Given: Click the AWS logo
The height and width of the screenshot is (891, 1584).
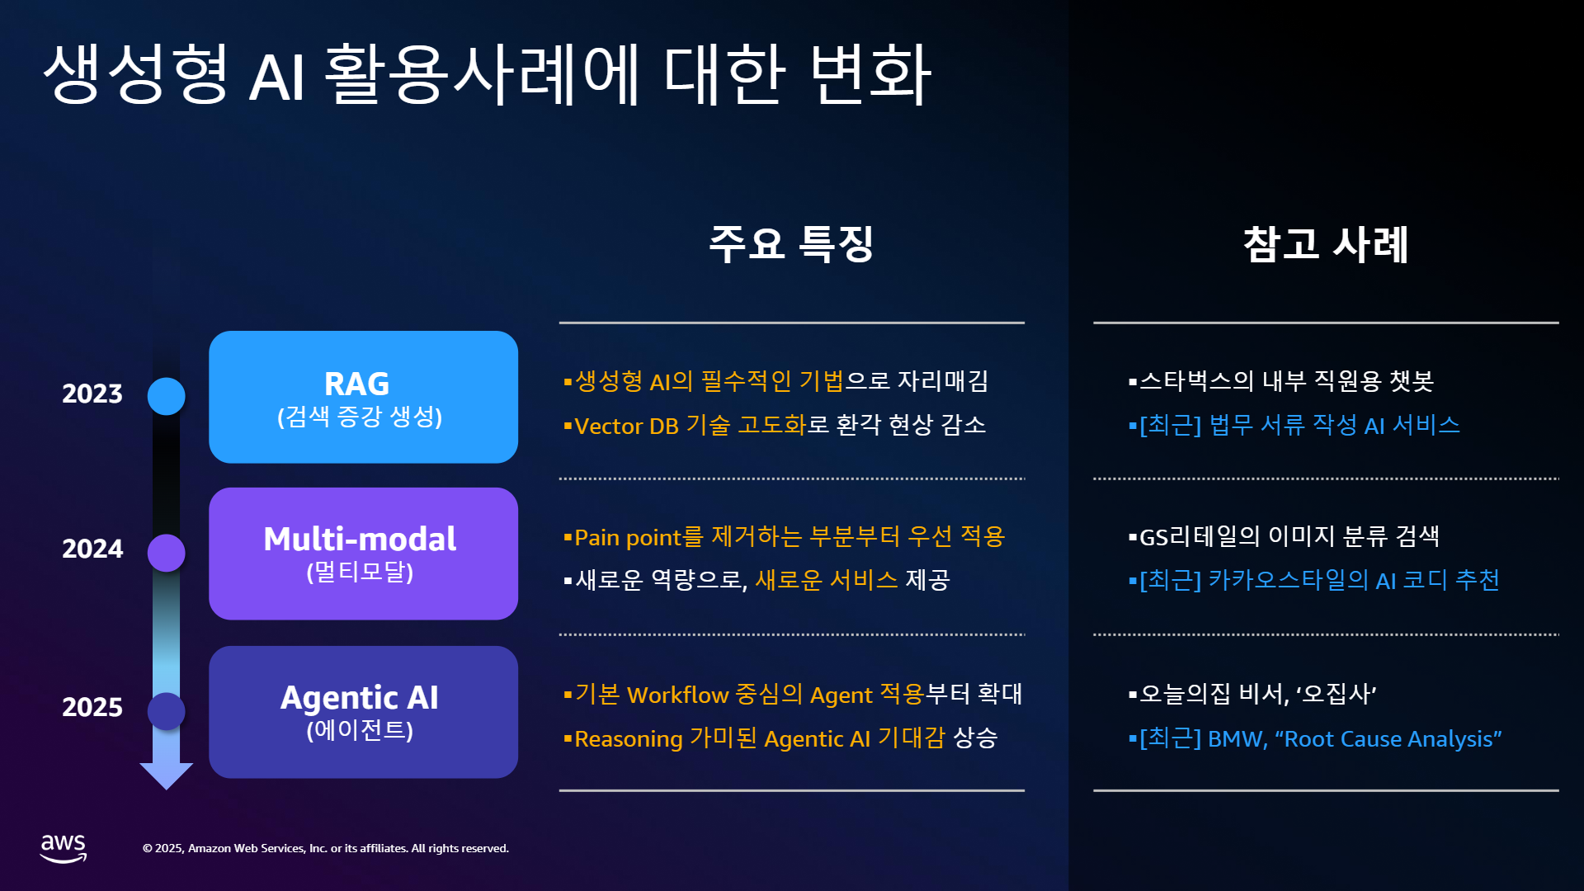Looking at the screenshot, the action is point(64,848).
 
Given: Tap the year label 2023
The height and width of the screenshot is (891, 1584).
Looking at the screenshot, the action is point(92,394).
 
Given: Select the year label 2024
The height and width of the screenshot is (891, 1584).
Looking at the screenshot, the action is point(92,549).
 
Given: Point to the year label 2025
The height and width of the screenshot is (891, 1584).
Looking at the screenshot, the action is point(92,708).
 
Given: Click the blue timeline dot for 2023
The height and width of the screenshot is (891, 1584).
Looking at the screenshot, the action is point(166,396).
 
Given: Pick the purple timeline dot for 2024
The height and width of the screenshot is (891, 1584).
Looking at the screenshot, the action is point(166,553).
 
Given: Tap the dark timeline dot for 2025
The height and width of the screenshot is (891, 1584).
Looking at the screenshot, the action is point(166,711).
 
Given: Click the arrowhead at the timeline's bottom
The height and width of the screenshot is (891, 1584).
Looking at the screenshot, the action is point(166,776).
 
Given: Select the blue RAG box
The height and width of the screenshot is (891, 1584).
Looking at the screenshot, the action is point(363,397).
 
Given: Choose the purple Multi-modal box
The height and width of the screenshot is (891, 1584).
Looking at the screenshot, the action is point(363,554).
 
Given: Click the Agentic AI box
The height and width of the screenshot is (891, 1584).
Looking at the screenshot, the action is point(363,712).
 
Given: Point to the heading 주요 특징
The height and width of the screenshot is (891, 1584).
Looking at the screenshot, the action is point(791,244).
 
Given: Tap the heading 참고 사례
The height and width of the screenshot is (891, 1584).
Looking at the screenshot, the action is point(1326,244).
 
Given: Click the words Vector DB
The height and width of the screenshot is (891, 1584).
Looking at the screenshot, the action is point(626,426).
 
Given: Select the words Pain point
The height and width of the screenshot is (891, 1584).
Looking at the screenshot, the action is point(628,538).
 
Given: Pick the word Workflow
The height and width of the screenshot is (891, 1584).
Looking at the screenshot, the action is point(678,695).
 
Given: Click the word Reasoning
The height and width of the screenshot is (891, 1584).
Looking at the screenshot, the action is point(629,739).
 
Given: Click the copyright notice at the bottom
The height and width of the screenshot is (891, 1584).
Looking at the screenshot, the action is point(326,849).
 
